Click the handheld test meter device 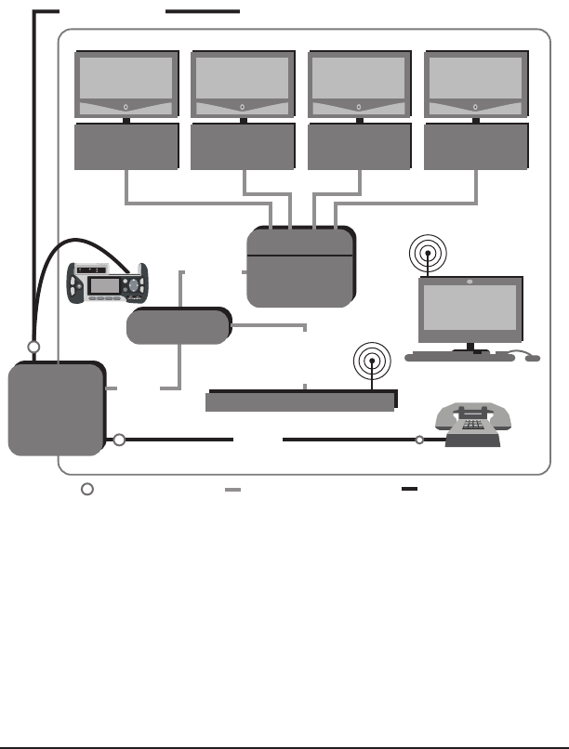tap(106, 283)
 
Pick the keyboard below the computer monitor tap(459, 357)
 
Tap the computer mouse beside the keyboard tap(533, 358)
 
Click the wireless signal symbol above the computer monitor tap(427, 253)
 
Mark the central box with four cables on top tap(300, 267)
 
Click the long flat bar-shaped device tap(300, 401)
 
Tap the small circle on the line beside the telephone tap(419, 440)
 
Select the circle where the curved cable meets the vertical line tap(33, 347)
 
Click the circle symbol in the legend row tap(85, 489)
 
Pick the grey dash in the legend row tap(232, 489)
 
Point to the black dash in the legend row tap(409, 488)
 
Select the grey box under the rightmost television tap(475, 146)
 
